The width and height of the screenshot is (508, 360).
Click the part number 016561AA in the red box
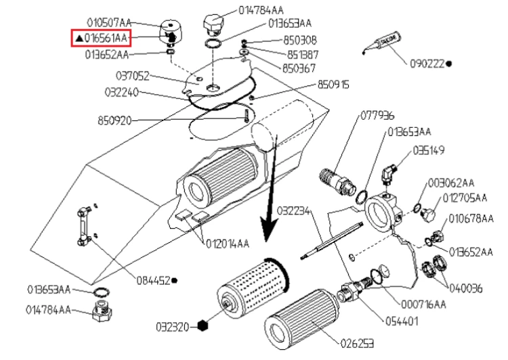[106, 38]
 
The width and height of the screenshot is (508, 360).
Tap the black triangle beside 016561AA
[79, 39]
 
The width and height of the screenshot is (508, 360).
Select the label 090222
[427, 64]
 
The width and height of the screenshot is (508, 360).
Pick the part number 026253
[357, 343]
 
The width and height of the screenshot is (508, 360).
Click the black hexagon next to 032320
[203, 325]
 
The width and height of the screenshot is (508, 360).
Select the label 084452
[153, 280]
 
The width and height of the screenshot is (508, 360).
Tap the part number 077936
[377, 116]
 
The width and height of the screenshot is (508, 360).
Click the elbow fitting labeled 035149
[389, 174]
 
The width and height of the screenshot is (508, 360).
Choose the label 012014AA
[228, 244]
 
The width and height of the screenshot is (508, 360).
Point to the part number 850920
[114, 121]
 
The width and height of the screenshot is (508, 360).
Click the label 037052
[133, 76]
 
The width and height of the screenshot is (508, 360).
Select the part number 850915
[333, 85]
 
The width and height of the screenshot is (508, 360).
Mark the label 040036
[465, 288]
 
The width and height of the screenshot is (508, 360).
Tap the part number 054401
[402, 321]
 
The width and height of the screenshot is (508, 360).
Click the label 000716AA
[423, 305]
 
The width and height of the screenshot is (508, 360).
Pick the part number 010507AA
[109, 23]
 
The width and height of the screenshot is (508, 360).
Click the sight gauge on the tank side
[83, 227]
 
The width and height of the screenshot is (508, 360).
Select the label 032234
[293, 211]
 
